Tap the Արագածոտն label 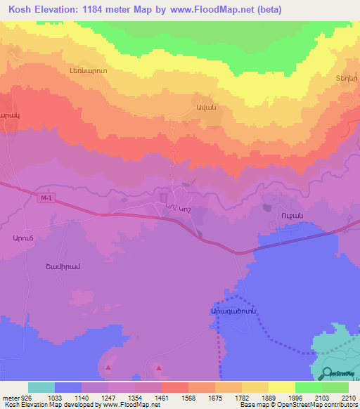pos(231,310)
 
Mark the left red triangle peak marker pos(108,367)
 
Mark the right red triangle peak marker pos(159,367)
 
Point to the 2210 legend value pos(349,397)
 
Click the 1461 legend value pos(162,397)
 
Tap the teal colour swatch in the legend pos(41,387)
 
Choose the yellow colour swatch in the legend pos(281,387)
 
